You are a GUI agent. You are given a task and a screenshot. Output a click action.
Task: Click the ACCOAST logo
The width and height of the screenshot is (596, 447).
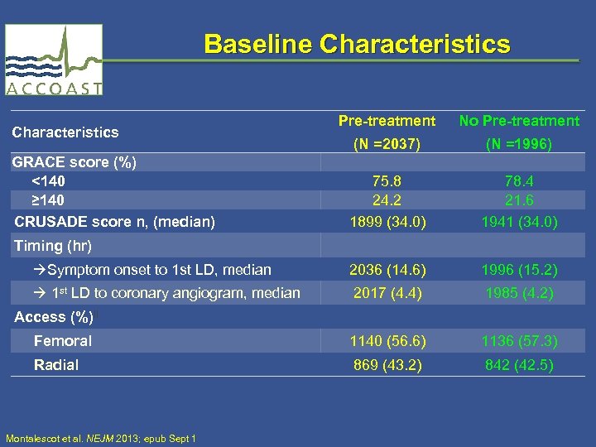[55, 60]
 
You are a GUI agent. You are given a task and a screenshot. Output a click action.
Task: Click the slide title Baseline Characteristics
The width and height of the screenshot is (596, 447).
[357, 44]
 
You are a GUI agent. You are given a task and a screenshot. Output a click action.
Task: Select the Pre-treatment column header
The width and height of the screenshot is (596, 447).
[387, 121]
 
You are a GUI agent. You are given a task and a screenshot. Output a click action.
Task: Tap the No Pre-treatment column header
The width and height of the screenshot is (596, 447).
[519, 121]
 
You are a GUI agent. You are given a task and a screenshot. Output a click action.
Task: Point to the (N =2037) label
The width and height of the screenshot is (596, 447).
[387, 145]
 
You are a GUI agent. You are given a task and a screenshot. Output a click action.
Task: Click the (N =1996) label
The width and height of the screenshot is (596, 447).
[519, 145]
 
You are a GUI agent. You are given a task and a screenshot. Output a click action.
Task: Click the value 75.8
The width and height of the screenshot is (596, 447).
[387, 181]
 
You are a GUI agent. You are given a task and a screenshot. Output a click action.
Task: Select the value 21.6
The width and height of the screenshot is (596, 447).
[519, 200]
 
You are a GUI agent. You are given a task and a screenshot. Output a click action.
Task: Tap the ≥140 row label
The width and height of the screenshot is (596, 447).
[48, 200]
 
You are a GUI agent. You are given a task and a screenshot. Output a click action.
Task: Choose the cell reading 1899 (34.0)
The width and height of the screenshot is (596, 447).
[387, 221]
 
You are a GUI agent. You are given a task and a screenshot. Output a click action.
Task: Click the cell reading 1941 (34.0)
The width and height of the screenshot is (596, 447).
[519, 221]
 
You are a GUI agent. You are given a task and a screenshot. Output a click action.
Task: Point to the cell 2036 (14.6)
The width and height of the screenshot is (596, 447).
[387, 270]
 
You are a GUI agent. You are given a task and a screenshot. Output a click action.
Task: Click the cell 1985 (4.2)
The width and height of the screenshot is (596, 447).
[519, 293]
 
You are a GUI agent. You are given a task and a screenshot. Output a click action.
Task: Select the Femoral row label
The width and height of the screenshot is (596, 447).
[62, 341]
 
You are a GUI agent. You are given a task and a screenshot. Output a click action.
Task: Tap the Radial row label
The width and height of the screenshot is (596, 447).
[56, 365]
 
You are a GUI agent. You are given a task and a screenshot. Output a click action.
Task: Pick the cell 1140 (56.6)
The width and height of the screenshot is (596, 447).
[387, 341]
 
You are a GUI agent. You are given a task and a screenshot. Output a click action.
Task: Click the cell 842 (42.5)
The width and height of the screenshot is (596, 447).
[519, 365]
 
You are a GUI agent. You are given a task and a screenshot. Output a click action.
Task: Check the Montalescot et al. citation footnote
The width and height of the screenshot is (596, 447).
[100, 438]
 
